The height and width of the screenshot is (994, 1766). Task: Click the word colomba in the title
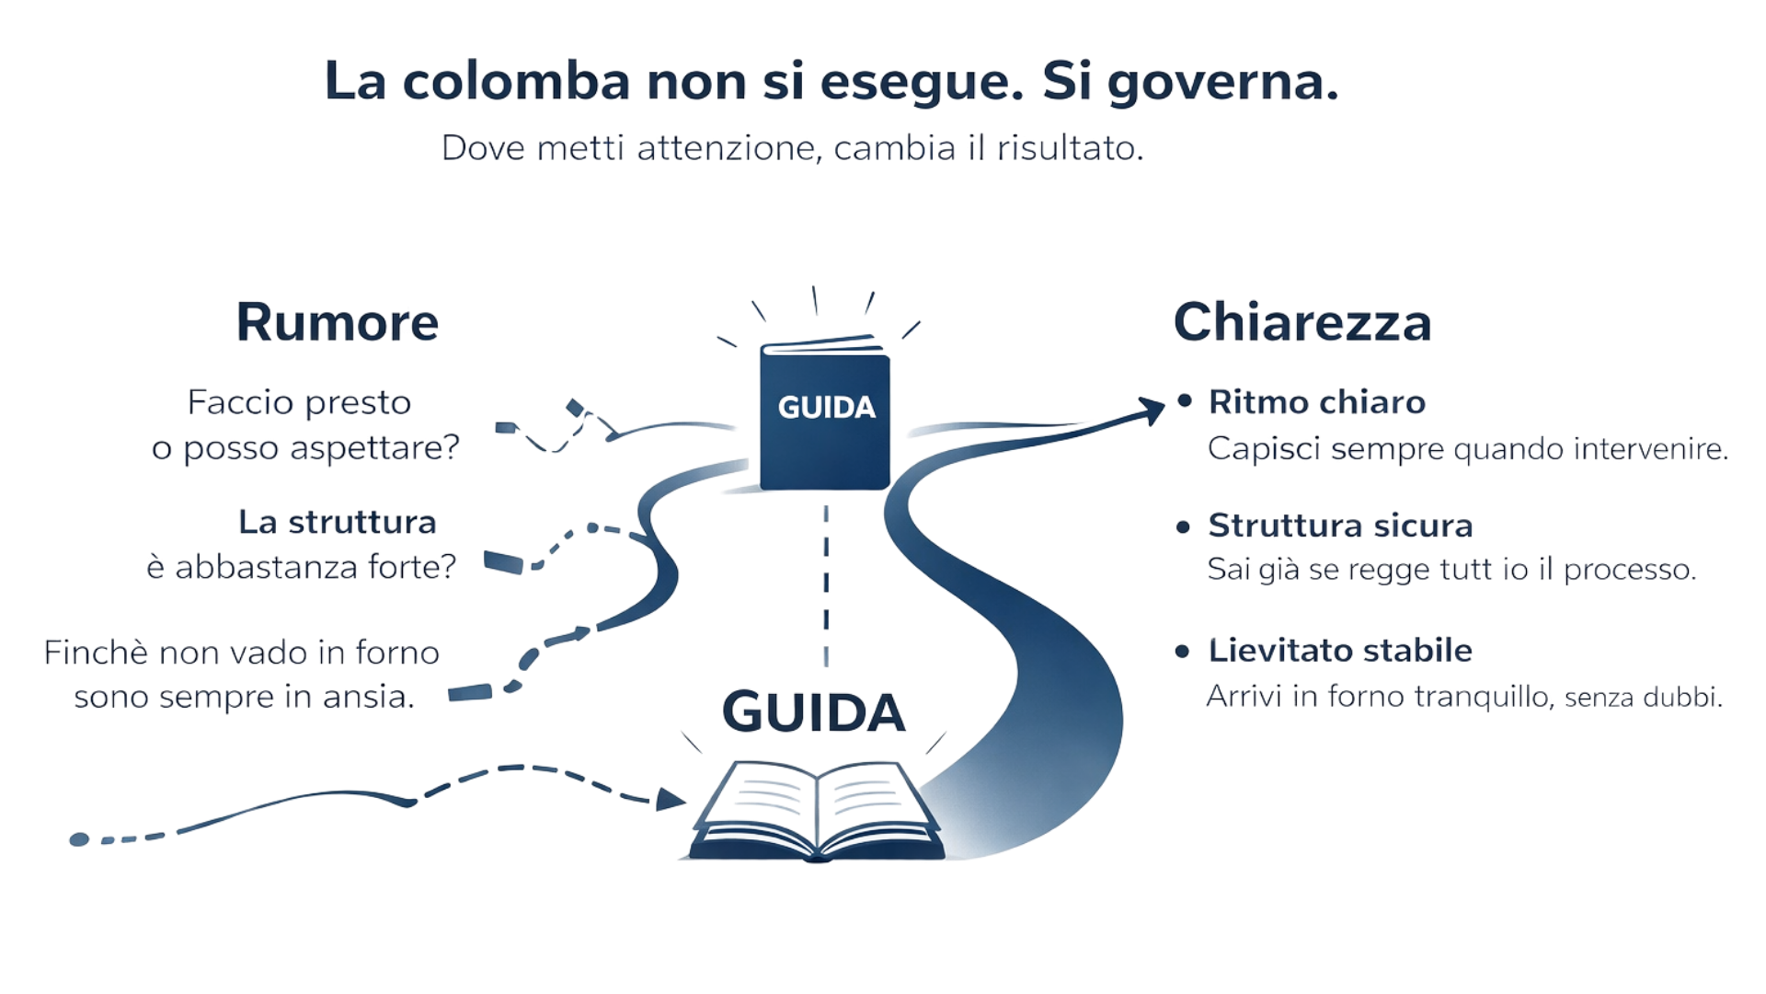pyautogui.click(x=516, y=83)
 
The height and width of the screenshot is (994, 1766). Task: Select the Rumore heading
pyautogui.click(x=337, y=322)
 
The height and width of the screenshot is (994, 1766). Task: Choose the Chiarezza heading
pyautogui.click(x=1302, y=322)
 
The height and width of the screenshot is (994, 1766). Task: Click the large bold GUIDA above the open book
pyautogui.click(x=814, y=712)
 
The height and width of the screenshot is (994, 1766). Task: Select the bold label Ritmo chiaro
pyautogui.click(x=1316, y=402)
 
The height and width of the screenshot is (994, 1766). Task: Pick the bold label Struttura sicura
pyautogui.click(x=1340, y=526)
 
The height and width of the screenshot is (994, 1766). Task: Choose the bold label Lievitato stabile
pyautogui.click(x=1339, y=650)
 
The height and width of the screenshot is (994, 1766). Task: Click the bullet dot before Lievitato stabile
pyautogui.click(x=1183, y=652)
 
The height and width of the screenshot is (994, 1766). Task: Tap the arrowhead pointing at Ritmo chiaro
pyautogui.click(x=1152, y=410)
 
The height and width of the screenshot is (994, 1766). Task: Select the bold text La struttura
pyautogui.click(x=338, y=523)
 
